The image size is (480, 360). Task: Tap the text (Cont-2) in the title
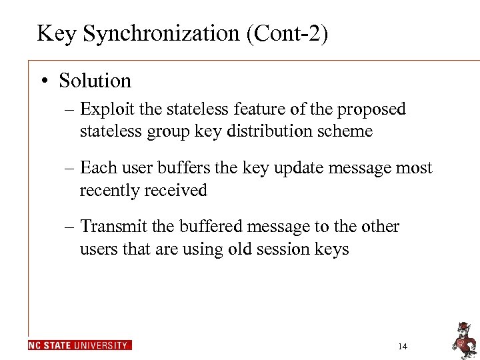[x=287, y=33]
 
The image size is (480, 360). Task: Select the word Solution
[x=95, y=81]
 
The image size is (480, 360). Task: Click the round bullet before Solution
[x=44, y=81]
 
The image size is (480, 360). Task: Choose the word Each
[x=97, y=168]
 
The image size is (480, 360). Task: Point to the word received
[x=174, y=190]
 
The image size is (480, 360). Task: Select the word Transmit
[x=112, y=227]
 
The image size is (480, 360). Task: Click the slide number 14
[x=402, y=346]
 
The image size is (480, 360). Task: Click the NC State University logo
[x=80, y=345]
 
